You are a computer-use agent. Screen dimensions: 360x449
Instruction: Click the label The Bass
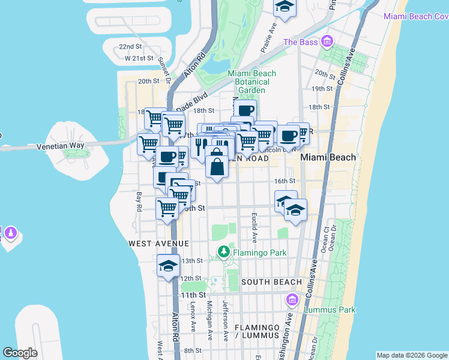point(300,42)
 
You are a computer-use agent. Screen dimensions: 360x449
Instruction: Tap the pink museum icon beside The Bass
point(327,41)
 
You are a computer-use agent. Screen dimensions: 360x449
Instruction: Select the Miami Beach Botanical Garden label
point(252,82)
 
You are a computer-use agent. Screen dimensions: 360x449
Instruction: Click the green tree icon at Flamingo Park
point(224,252)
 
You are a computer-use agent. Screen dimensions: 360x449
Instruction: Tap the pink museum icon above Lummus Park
point(292,299)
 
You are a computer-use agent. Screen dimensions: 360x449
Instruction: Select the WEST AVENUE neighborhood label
point(158,244)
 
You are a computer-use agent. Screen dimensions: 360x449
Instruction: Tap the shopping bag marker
point(216,165)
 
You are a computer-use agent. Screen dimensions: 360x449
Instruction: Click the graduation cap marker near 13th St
point(169,266)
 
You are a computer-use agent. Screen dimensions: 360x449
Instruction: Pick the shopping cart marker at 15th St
point(167,209)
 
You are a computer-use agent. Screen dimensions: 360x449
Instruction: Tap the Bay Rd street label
point(139,201)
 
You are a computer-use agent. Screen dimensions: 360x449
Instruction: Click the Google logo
point(20,352)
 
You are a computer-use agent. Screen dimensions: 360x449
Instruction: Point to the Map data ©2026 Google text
point(412,355)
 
